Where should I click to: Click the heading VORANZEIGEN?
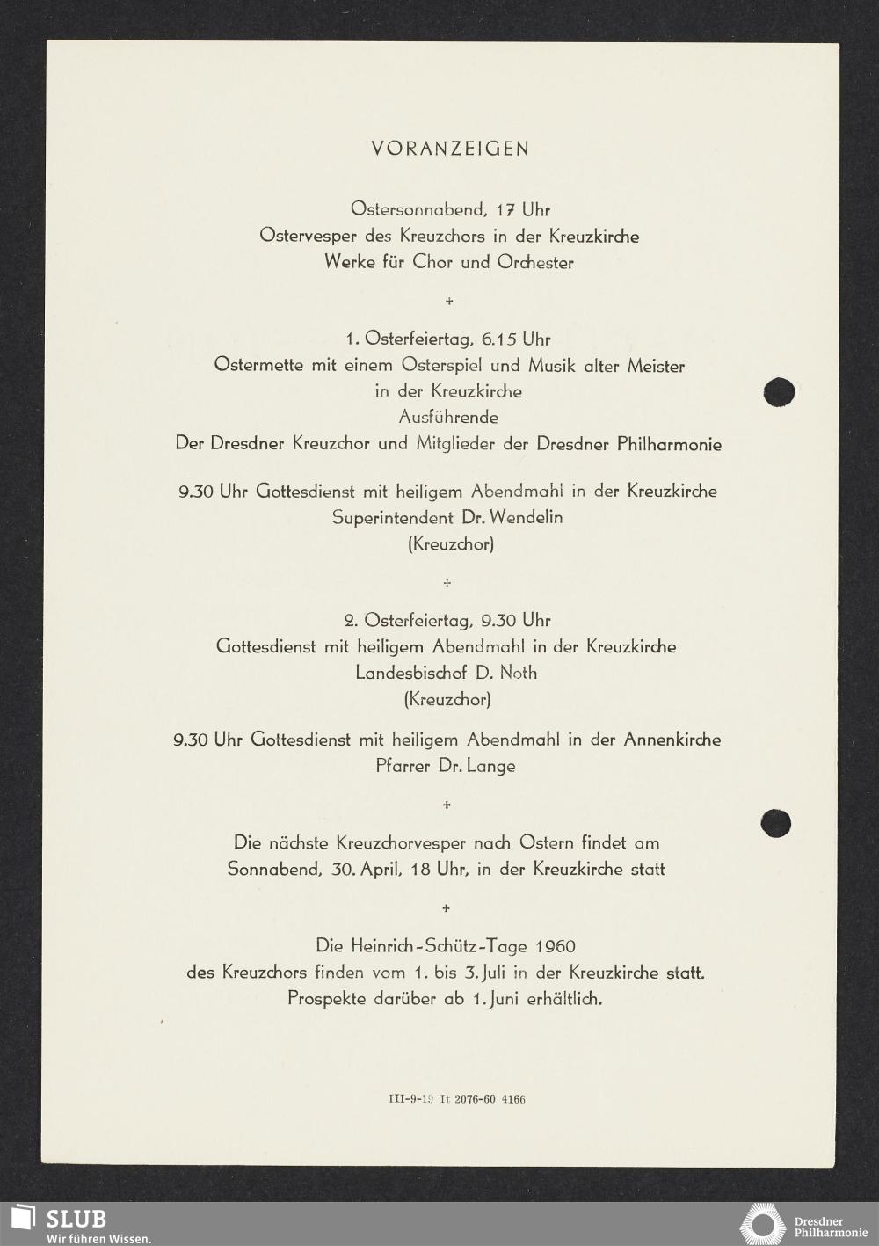(x=450, y=149)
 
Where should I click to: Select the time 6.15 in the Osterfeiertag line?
(x=499, y=339)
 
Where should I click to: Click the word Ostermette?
(x=259, y=365)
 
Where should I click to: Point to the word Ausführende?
(x=448, y=418)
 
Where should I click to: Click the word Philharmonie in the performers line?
(x=669, y=444)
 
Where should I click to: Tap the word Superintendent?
(x=393, y=517)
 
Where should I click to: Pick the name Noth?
(x=519, y=673)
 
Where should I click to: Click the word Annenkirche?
(x=672, y=740)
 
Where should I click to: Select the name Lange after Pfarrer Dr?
(x=490, y=766)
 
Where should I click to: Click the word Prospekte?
(x=326, y=999)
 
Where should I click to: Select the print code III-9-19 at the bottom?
(x=410, y=1099)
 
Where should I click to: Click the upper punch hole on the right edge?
(x=779, y=391)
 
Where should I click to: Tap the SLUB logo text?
(x=76, y=1219)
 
